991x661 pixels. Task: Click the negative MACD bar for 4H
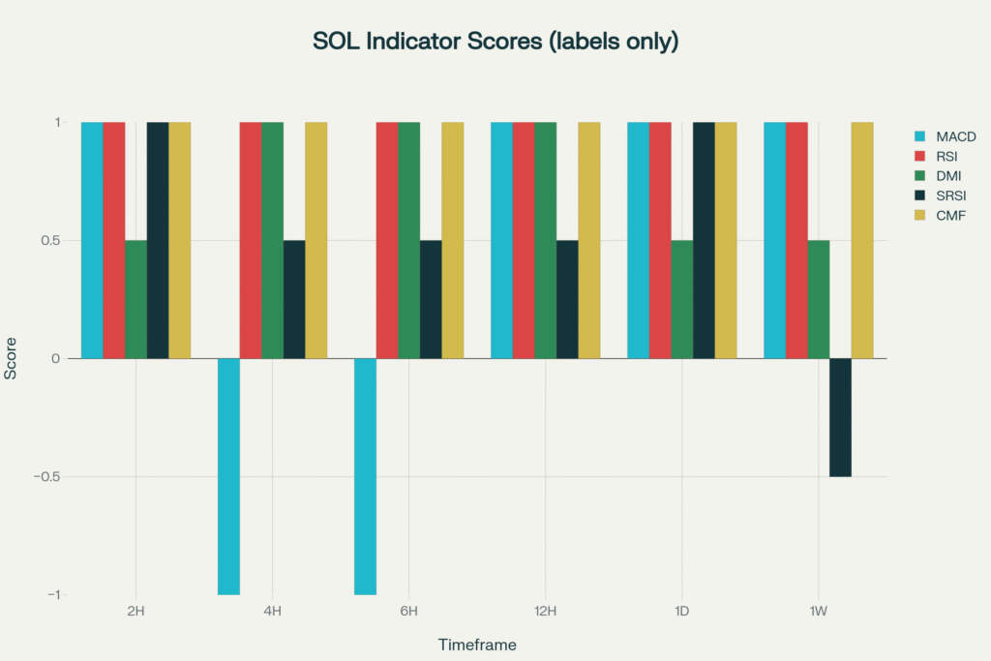pos(228,476)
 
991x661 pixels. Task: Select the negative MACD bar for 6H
pos(365,476)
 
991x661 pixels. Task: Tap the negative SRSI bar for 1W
pos(840,417)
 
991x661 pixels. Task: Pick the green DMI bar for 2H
pos(135,299)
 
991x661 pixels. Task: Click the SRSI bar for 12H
pos(567,299)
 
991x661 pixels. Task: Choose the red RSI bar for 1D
pos(660,240)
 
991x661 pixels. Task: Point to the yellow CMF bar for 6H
pos(453,240)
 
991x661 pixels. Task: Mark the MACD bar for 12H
pos(501,240)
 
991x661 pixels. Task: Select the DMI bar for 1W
pos(818,299)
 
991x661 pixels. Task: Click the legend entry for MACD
pos(955,136)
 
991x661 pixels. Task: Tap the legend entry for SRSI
pos(953,195)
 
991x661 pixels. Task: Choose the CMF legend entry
pos(952,215)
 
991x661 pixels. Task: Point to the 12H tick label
pos(546,611)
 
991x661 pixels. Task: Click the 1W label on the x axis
pos(819,611)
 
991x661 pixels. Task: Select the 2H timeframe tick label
pos(136,611)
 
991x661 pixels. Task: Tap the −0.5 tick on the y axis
pos(46,477)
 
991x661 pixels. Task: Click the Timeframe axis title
pos(477,644)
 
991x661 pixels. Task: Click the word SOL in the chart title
pos(332,42)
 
